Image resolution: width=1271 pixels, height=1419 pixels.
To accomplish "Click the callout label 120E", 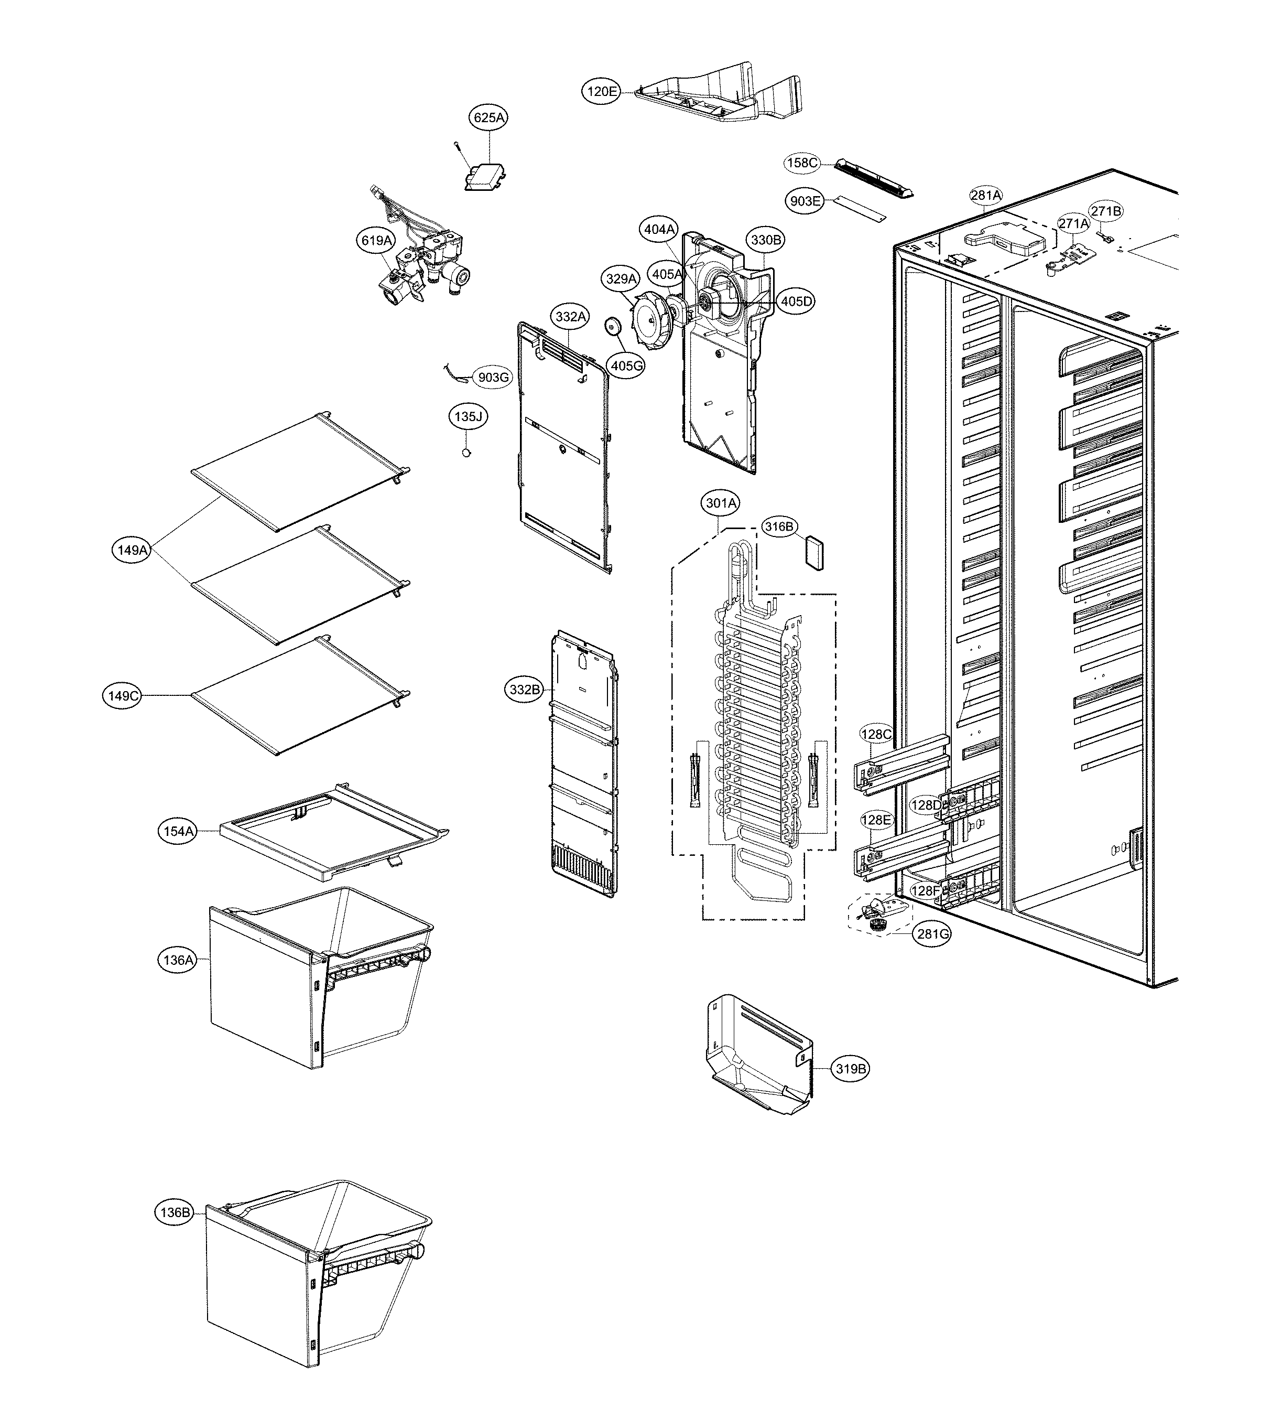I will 601,91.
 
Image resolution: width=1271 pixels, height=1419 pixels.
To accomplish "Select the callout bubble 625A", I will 489,117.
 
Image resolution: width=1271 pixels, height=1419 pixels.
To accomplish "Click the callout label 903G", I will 493,377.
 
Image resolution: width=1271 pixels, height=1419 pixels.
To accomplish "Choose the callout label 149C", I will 123,696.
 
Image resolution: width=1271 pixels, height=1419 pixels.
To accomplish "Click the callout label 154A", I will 178,831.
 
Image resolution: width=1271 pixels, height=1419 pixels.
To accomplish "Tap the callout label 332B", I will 525,690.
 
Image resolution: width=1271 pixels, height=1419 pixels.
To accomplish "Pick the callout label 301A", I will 720,503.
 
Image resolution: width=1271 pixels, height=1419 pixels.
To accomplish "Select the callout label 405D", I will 797,301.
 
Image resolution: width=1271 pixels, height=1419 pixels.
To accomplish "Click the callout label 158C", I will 802,163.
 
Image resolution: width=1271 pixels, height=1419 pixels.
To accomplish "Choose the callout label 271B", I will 1105,211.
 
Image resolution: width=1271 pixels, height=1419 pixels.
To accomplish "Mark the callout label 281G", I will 932,934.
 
